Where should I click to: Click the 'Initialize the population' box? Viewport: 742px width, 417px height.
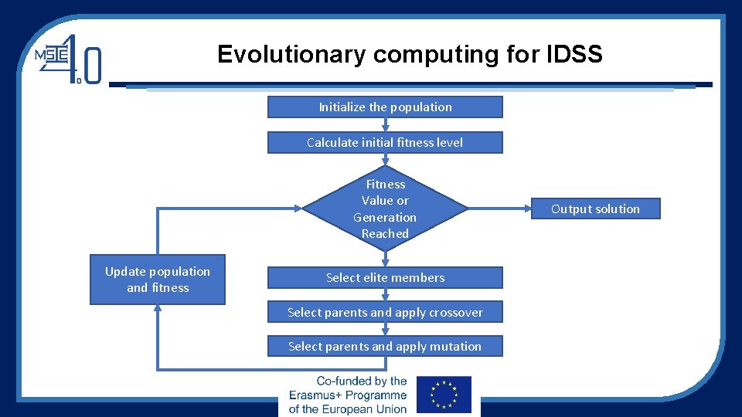(x=385, y=107)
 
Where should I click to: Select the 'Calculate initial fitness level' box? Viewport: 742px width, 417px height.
(x=385, y=142)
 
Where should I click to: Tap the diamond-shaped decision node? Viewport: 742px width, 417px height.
(x=385, y=208)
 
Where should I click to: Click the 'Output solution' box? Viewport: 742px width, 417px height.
(x=595, y=208)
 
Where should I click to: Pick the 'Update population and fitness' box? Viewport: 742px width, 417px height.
(x=158, y=280)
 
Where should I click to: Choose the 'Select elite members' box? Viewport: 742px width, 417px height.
(x=385, y=277)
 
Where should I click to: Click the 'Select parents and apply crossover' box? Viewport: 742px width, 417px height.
(x=385, y=312)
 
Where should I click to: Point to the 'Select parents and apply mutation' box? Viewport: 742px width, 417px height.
(x=385, y=346)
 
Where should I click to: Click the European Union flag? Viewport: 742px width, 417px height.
(x=443, y=395)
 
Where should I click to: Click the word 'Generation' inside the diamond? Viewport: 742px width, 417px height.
(x=385, y=217)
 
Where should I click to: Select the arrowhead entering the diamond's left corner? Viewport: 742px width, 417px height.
(x=299, y=208)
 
